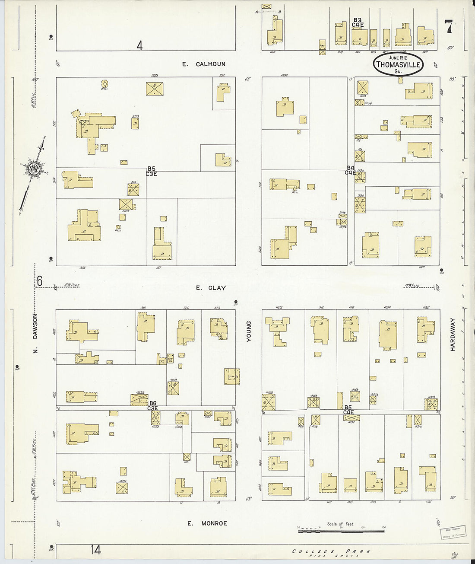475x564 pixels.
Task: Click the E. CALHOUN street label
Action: [x=203, y=64]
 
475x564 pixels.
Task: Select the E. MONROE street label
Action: [x=207, y=523]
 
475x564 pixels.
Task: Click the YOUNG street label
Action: [x=248, y=332]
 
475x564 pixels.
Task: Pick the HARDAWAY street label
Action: [x=453, y=334]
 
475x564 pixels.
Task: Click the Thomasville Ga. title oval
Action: [x=398, y=64]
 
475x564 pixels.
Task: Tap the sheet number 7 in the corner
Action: [x=449, y=27]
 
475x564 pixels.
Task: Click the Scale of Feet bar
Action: [x=341, y=528]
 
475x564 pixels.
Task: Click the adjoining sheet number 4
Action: [x=139, y=45]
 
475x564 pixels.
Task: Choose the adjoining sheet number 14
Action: [x=96, y=550]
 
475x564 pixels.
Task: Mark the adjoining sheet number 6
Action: [x=40, y=281]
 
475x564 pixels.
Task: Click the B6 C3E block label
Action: [x=152, y=405]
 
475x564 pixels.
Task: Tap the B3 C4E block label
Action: [x=358, y=22]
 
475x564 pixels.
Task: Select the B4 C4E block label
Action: [x=350, y=170]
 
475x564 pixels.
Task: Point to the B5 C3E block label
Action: [x=151, y=171]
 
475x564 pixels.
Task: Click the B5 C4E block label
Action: [x=348, y=410]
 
